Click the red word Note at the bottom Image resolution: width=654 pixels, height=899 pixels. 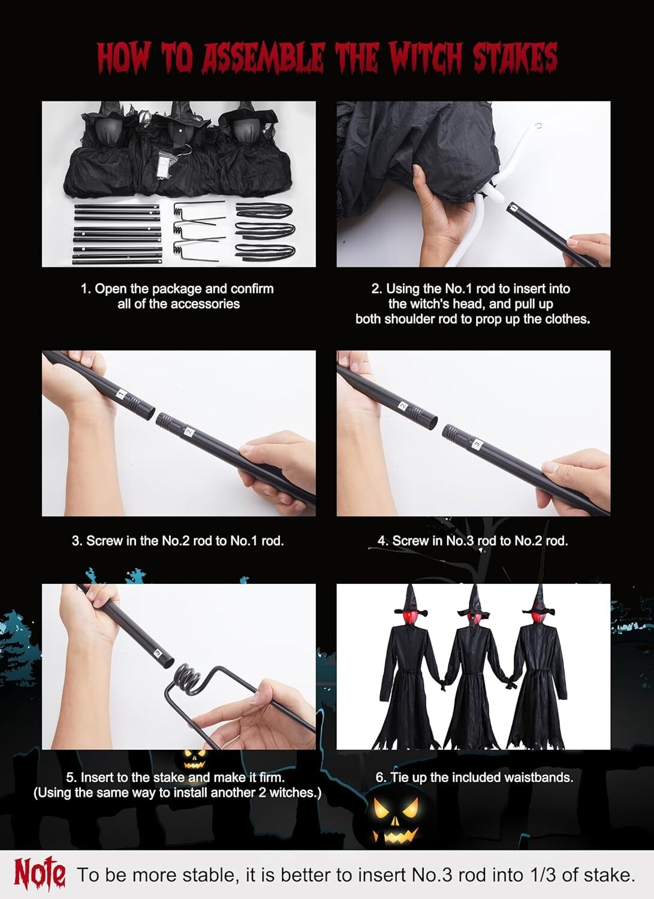click(x=40, y=871)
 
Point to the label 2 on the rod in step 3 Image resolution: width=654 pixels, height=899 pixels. click(x=189, y=432)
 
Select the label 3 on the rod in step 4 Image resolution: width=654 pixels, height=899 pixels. click(x=477, y=444)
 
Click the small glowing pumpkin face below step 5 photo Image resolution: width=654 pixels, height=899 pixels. click(x=194, y=759)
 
